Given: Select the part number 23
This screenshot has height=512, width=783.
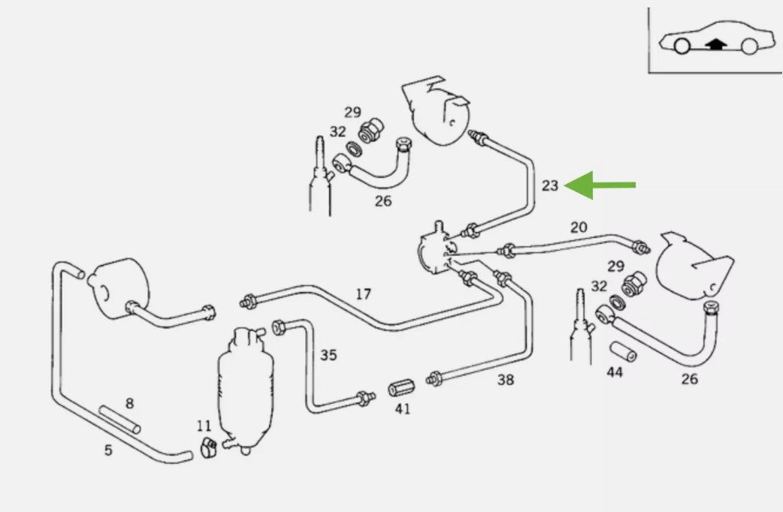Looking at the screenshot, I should point(550,185).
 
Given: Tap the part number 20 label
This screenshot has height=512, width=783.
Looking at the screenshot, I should point(579,227).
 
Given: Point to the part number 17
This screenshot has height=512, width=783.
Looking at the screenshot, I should point(363,294).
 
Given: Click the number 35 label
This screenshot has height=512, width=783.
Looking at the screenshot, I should point(328,354).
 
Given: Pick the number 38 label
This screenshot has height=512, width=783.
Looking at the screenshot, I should point(506,380).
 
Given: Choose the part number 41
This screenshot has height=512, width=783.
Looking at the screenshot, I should point(403,410).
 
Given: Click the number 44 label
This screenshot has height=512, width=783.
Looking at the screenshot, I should point(615,372).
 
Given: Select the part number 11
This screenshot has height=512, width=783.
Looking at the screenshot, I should point(204,426).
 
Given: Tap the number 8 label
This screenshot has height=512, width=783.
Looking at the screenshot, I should point(129,403).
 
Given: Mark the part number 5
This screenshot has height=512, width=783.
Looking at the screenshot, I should point(108,450).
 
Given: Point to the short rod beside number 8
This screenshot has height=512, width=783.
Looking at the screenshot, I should point(119,419).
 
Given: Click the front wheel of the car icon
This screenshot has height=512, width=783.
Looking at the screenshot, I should point(681,47).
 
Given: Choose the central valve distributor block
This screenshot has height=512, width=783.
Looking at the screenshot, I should point(434,251).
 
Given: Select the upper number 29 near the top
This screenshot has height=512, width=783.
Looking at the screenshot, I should point(352,113).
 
